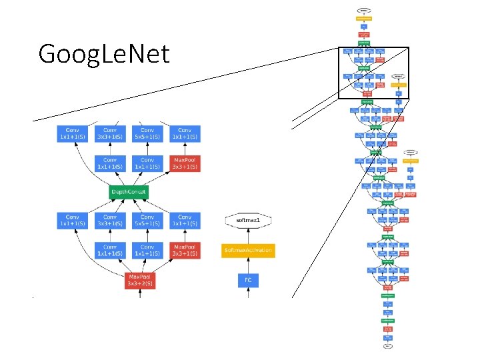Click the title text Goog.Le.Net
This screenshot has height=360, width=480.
pos(104,53)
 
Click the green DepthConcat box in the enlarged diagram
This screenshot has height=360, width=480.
pos(128,192)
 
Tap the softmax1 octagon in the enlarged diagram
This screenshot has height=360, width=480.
pos(248,219)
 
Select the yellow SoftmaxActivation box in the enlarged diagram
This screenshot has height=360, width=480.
pos(248,251)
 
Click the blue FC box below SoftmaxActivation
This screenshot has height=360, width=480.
pos(248,280)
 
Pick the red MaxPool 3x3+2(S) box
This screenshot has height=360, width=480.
pos(141,280)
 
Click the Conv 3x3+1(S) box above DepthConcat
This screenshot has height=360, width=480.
pos(110,133)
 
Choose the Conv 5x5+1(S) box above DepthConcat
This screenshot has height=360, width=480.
pos(147,133)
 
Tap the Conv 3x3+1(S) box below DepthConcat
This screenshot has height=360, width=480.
pos(110,221)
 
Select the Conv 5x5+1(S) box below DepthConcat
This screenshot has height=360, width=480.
pos(147,221)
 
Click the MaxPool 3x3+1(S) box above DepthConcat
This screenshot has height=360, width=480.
pos(185,163)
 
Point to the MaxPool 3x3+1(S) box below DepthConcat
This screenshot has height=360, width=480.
pos(185,250)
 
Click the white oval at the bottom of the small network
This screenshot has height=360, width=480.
pos(387,347)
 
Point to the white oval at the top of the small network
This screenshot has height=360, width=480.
pos(364,11)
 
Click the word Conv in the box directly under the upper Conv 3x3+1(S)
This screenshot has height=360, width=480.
pos(110,160)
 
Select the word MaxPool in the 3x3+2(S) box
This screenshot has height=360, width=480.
pos(141,276)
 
